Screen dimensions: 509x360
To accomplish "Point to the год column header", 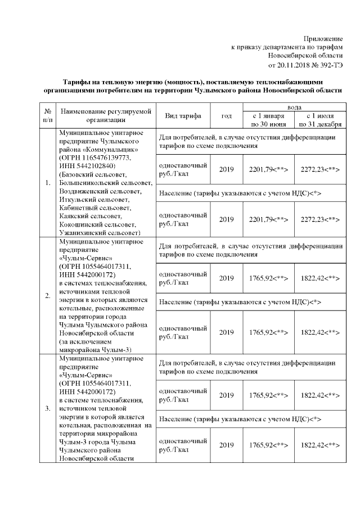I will click(227, 115).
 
